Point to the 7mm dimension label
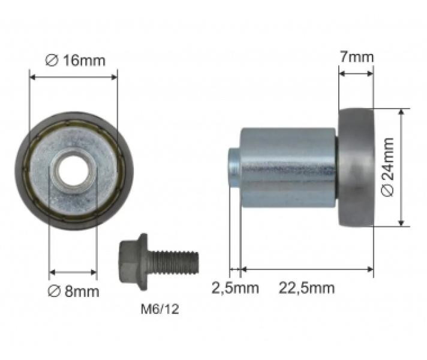tap(356, 57)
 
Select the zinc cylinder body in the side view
tap(288, 167)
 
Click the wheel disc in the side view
tap(356, 167)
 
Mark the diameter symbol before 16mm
tap(52, 60)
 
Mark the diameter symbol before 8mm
tap(53, 292)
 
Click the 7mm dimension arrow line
tap(356, 74)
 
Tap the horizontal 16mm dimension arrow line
tap(74, 76)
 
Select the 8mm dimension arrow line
tap(73, 272)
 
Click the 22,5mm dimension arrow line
tap(306, 269)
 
